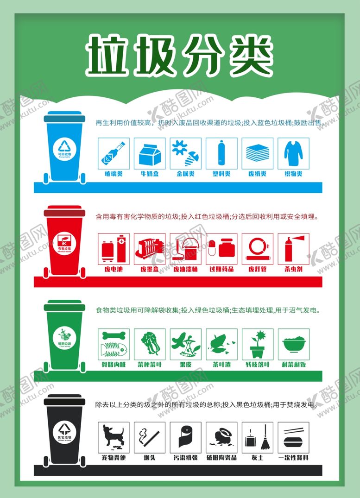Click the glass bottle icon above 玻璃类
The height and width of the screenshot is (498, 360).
114,153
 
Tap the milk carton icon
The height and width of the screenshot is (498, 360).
150,153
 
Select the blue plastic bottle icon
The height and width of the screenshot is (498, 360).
221,153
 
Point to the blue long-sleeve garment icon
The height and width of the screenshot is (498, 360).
293,153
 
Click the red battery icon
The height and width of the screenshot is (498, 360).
114,249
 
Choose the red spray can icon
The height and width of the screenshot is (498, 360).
293,249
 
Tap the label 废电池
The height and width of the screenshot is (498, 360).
114,269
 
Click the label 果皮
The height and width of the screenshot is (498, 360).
186,365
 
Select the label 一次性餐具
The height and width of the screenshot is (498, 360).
293,458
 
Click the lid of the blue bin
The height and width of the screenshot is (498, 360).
64,117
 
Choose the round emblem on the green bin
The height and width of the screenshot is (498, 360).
65,334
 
